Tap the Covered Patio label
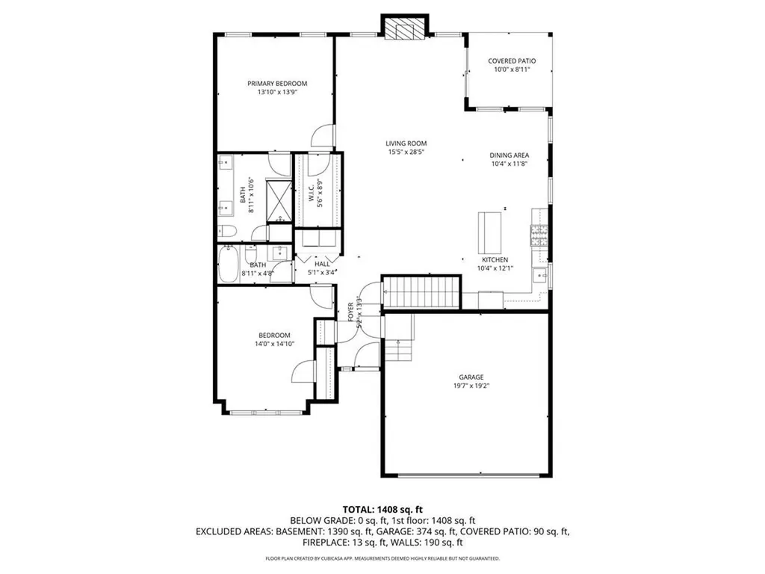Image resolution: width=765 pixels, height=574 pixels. (x=512, y=61)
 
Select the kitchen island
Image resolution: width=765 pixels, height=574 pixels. (x=490, y=232)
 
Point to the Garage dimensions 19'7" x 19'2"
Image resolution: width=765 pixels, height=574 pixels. (x=471, y=386)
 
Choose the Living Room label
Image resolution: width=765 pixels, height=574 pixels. (x=406, y=143)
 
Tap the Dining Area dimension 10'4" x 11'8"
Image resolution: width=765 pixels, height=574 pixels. (x=510, y=164)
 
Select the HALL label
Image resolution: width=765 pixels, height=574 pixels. (x=322, y=264)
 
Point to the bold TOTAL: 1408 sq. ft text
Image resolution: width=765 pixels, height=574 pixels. (x=382, y=509)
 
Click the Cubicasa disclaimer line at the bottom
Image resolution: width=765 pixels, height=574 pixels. (x=382, y=558)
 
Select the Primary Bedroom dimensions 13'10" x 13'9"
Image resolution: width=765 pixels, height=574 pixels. (x=277, y=93)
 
